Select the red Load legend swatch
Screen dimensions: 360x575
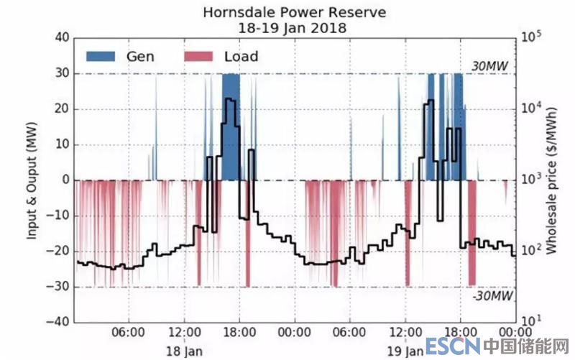coord(201,56)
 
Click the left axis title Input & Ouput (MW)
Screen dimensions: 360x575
coord(33,178)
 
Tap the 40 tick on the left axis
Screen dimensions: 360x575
coord(61,38)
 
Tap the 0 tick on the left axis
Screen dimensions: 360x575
coord(65,180)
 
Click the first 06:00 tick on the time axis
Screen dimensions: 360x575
coord(129,335)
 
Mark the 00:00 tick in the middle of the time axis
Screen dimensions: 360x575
coord(294,335)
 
